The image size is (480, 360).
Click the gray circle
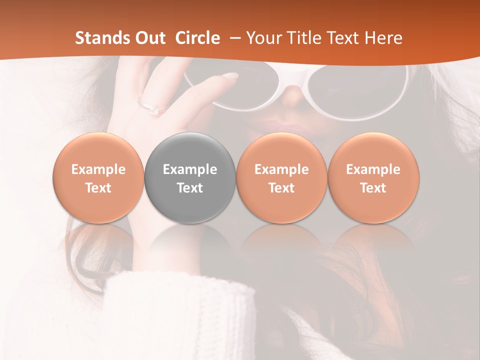coord(190,178)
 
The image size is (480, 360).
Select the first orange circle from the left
coord(98,178)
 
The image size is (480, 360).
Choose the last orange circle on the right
coord(373,178)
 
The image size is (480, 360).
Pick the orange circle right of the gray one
coord(281,178)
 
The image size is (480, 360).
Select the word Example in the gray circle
coord(190,169)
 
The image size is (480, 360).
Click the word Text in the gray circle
coord(190,188)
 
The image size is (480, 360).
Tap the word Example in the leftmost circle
coord(98,169)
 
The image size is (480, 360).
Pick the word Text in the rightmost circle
coord(373,188)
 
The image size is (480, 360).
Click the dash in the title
coord(233,38)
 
